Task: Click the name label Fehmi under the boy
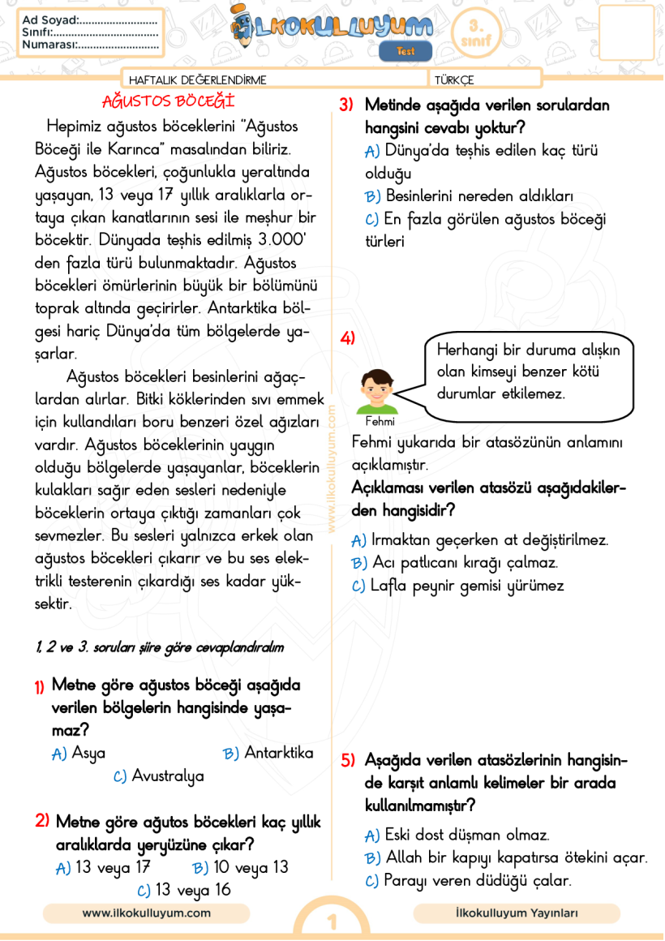click(380, 421)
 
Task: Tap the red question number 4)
click(348, 338)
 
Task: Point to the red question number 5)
click(348, 760)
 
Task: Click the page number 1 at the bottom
click(332, 923)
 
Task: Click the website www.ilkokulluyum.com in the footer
click(146, 913)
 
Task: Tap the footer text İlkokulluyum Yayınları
click(517, 913)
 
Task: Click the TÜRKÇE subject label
click(454, 79)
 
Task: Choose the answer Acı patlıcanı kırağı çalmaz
click(465, 562)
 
